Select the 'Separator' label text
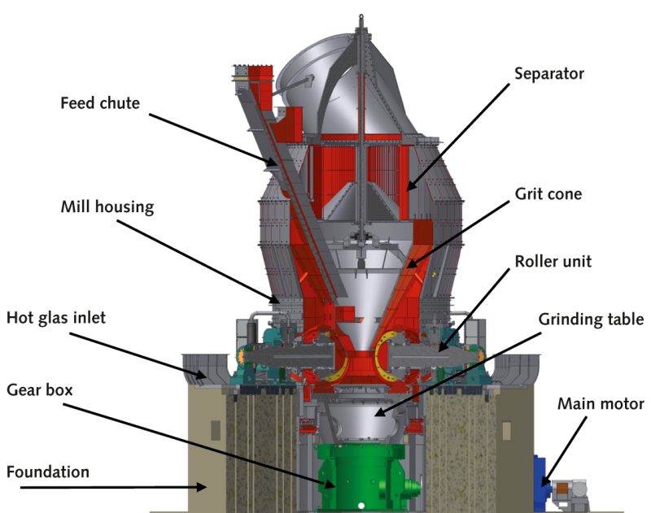(548, 73)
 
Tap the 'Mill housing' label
(107, 207)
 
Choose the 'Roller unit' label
(554, 263)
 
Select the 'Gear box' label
(39, 389)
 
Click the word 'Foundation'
(48, 472)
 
